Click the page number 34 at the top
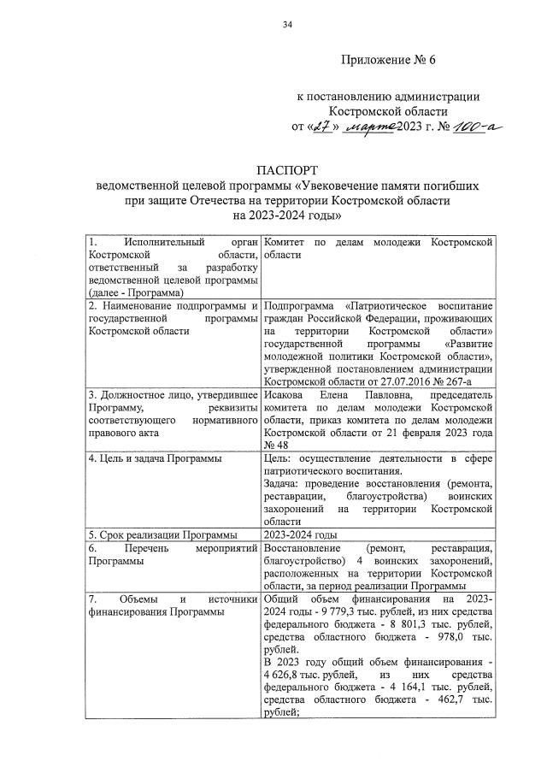(x=288, y=23)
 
